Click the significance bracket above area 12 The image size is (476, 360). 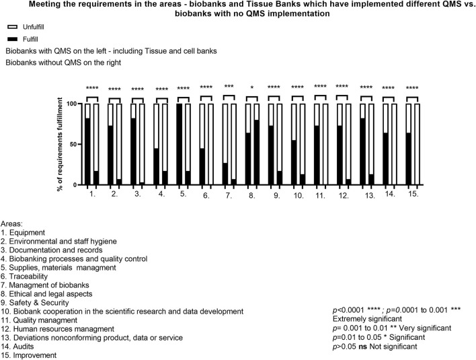click(342, 98)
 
